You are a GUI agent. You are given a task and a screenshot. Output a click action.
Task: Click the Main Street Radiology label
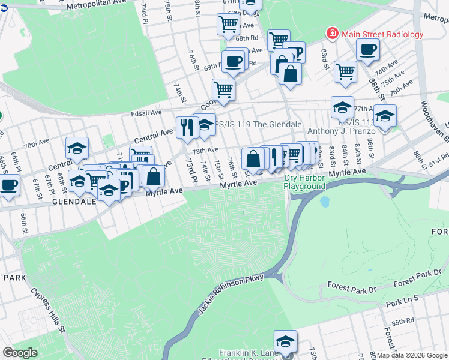382,34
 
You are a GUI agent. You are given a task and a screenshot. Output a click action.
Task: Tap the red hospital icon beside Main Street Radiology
331,33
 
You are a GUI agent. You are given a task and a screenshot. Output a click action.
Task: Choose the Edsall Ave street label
143,113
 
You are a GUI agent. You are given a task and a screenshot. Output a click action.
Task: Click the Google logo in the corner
20,353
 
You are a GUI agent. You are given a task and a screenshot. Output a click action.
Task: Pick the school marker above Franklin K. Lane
285,341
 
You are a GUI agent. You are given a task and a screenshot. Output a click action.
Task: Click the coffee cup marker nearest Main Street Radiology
367,50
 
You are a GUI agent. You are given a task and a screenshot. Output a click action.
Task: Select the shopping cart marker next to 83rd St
345,71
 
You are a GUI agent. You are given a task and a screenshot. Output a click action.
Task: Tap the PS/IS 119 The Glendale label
258,124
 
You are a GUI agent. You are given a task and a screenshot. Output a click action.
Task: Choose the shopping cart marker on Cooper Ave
223,89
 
